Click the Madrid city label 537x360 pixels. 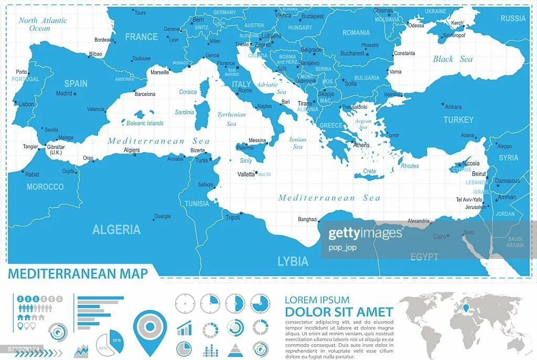point(64,94)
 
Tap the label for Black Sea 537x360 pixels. point(453,59)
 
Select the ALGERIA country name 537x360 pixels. point(116,230)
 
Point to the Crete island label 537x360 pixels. point(369,171)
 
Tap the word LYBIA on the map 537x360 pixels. point(293,261)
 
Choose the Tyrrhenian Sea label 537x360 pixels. point(231,119)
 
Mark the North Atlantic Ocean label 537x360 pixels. point(42,24)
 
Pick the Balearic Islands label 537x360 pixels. point(145,123)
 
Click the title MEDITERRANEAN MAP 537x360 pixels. point(78,274)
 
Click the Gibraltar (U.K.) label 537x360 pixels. point(56,149)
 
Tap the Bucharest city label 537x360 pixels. point(352,53)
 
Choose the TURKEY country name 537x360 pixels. point(458,120)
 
